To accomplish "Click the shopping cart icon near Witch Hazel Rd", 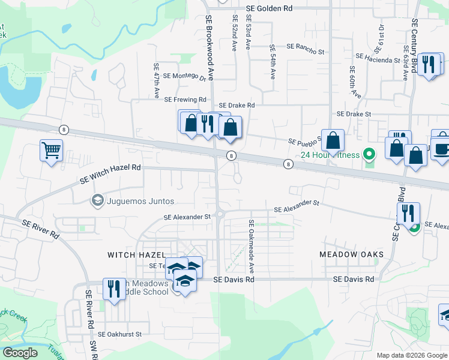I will pyautogui.click(x=51, y=150).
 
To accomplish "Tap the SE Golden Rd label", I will pyautogui.click(x=270, y=8).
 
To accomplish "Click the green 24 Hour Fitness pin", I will pyautogui.click(x=370, y=155).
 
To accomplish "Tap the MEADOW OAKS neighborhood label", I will pyautogui.click(x=351, y=255).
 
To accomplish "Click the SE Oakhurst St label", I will pyautogui.click(x=119, y=334).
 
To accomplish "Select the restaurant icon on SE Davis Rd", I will pyautogui.click(x=113, y=289).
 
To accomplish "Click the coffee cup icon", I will pyautogui.click(x=441, y=149).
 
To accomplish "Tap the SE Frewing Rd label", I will pyautogui.click(x=185, y=99).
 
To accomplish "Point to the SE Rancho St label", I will pyautogui.click(x=305, y=46).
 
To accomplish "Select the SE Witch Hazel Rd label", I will pyautogui.click(x=110, y=174).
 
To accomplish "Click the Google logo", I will pyautogui.click(x=20, y=353).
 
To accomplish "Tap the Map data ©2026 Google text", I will pyautogui.click(x=412, y=355).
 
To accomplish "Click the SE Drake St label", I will pyautogui.click(x=354, y=113).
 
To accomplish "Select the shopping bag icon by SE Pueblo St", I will pyautogui.click(x=332, y=141).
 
